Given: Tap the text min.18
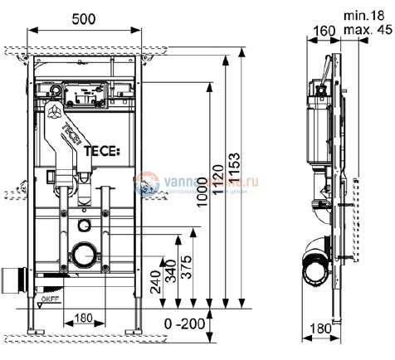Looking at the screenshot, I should (366, 14).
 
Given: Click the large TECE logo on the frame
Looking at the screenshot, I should (101, 150).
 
